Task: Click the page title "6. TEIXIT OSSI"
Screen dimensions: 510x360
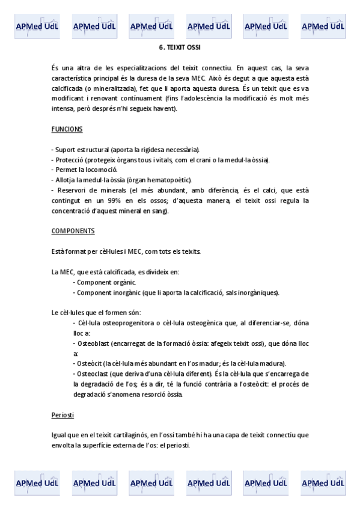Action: pos(180,46)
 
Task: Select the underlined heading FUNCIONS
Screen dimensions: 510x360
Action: pos(67,129)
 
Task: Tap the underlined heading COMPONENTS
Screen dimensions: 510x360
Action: pos(73,231)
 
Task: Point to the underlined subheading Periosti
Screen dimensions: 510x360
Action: pos(63,414)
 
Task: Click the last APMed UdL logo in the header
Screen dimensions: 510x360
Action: pos(323,26)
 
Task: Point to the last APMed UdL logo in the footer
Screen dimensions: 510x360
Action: pos(323,482)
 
